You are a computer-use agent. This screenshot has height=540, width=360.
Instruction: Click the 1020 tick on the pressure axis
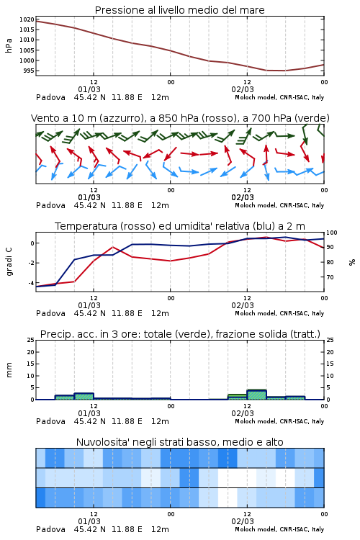coord(27,19)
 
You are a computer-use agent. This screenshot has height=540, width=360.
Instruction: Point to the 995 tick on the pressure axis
coord(29,71)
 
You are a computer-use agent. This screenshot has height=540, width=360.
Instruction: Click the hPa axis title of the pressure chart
coord(9,45)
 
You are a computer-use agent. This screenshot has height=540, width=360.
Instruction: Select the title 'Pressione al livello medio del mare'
coord(180,10)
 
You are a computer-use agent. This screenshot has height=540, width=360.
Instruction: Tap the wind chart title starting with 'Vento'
coord(180,118)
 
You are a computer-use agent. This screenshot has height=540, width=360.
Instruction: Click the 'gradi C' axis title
coord(9,262)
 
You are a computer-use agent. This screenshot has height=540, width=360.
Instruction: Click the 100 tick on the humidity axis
coord(332,233)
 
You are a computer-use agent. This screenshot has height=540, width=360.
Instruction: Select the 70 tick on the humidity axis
coord(330,277)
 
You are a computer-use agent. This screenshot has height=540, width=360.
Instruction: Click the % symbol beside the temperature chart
coord(352,262)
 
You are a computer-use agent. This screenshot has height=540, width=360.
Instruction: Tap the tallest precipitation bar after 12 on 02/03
coord(256,395)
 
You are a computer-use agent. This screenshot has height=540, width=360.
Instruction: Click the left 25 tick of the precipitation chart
coord(31,340)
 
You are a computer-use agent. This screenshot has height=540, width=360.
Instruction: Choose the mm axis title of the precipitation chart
coord(9,370)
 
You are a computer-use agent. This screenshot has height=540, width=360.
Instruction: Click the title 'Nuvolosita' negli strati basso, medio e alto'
coord(180,442)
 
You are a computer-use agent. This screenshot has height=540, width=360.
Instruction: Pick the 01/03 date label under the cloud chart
coord(89,521)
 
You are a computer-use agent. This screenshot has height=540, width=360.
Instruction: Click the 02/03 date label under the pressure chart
coord(243,89)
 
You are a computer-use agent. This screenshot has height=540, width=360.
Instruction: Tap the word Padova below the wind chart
coord(50,205)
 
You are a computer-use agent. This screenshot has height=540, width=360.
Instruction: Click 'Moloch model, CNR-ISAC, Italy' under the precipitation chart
coord(279,421)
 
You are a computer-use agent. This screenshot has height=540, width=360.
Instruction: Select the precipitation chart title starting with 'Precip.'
coord(180,334)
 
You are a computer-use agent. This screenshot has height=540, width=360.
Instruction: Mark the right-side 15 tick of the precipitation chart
coord(330,364)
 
